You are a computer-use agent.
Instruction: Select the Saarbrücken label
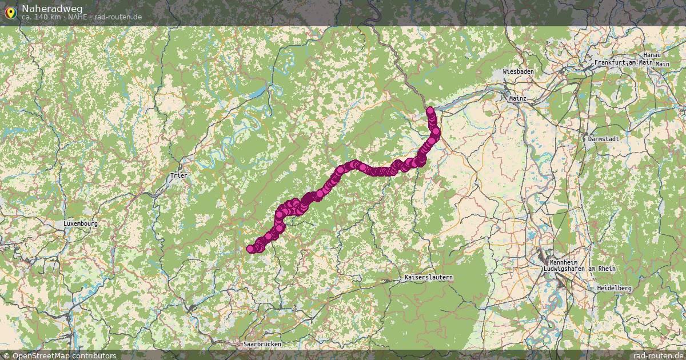tap(262, 345)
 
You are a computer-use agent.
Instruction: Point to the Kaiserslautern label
tap(428, 278)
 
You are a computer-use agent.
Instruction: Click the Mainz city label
tap(517, 98)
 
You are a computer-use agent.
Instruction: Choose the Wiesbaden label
tap(518, 72)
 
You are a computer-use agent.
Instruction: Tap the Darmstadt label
tap(604, 138)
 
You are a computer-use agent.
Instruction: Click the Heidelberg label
tap(614, 289)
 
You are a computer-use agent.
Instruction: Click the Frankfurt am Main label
tap(623, 62)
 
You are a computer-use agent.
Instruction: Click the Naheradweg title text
tap(52, 9)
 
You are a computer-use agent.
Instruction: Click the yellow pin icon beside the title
tap(11, 11)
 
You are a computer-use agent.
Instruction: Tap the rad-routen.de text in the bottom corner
tap(659, 355)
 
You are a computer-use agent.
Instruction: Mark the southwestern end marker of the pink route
tap(250, 249)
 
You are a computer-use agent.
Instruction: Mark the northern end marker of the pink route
tap(430, 110)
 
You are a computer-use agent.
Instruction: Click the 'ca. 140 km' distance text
tap(41, 17)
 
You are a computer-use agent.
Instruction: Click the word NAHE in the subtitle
tap(77, 17)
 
